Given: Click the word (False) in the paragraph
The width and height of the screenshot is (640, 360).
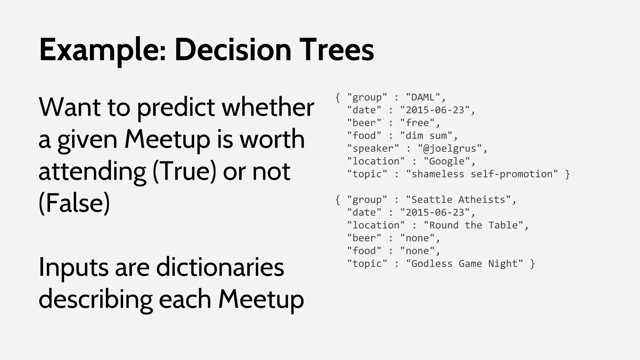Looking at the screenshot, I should [74, 203].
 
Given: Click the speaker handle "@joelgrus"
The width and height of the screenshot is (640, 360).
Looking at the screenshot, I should [450, 148].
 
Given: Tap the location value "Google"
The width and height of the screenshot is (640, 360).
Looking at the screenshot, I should [447, 161].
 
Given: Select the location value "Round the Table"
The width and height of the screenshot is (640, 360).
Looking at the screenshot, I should [473, 225].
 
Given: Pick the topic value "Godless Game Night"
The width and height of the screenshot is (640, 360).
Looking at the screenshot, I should [464, 264].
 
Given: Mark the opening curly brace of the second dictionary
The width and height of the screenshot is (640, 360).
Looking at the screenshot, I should [337, 200].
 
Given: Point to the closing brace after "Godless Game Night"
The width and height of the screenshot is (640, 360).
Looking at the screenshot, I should [533, 264].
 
